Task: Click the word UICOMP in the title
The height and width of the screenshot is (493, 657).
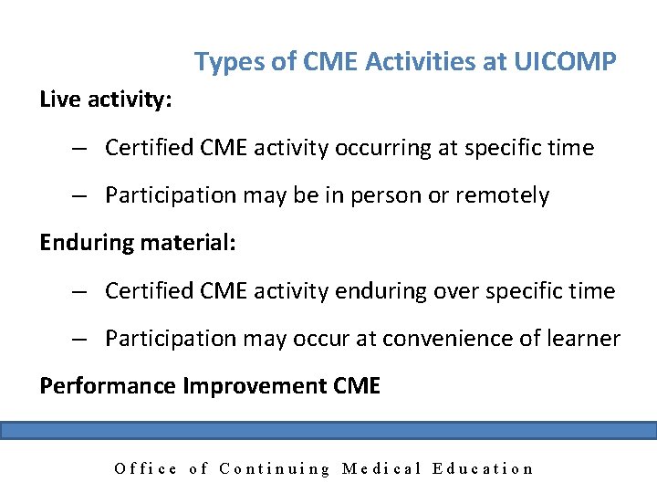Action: (566, 62)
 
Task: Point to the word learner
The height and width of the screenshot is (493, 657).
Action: (582, 338)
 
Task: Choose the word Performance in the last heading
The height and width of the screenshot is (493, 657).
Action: (109, 385)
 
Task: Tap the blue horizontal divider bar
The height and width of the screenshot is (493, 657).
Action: (328, 430)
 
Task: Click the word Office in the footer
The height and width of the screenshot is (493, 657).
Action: (146, 468)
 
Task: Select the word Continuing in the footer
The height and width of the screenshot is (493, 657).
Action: (276, 468)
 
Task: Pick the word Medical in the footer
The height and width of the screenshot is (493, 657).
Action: (381, 468)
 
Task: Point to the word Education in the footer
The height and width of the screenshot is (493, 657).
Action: (484, 468)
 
